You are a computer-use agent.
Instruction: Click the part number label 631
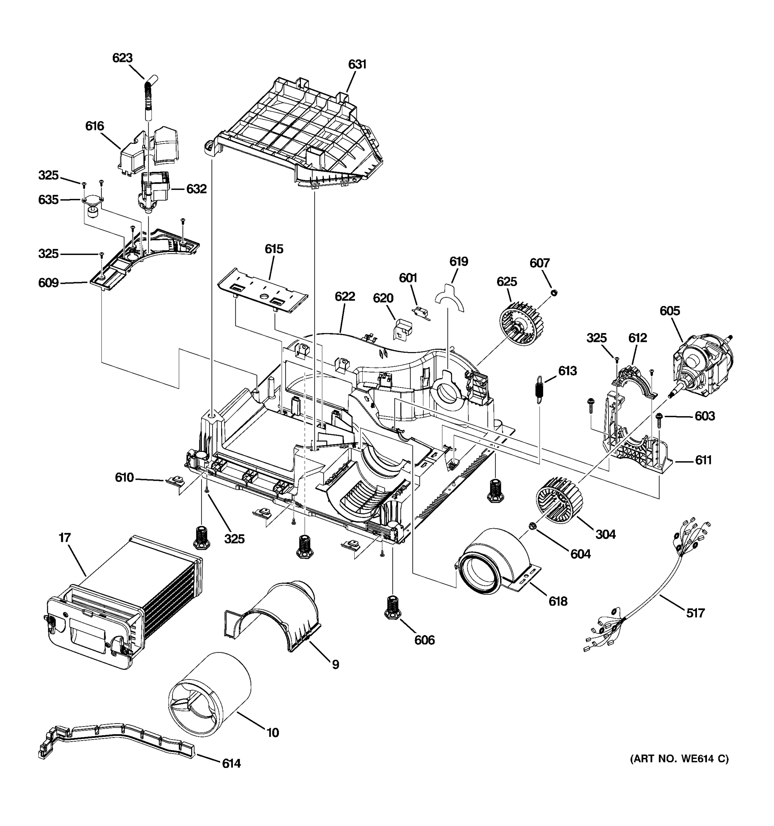tap(357, 64)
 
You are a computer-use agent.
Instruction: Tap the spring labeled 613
tap(539, 389)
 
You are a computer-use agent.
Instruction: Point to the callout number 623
tap(122, 58)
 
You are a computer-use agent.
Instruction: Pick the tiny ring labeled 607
tap(553, 293)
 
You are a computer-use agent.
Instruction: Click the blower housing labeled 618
tap(494, 561)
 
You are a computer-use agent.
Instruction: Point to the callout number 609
tap(49, 283)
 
